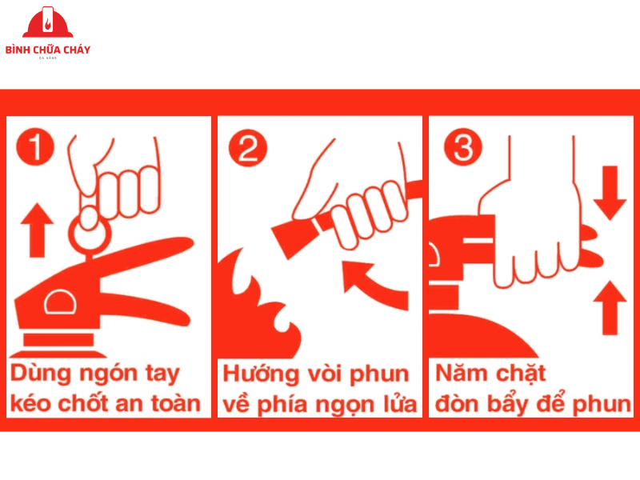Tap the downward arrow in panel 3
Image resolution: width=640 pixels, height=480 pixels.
click(x=609, y=192)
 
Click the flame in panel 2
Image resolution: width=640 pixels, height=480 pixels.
click(x=264, y=308)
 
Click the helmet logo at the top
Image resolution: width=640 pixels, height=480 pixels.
click(x=48, y=24)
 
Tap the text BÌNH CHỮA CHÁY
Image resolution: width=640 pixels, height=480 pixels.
click(x=48, y=50)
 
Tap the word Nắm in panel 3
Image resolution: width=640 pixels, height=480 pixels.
click(x=460, y=374)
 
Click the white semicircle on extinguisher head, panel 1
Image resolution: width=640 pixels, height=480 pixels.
click(x=59, y=302)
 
